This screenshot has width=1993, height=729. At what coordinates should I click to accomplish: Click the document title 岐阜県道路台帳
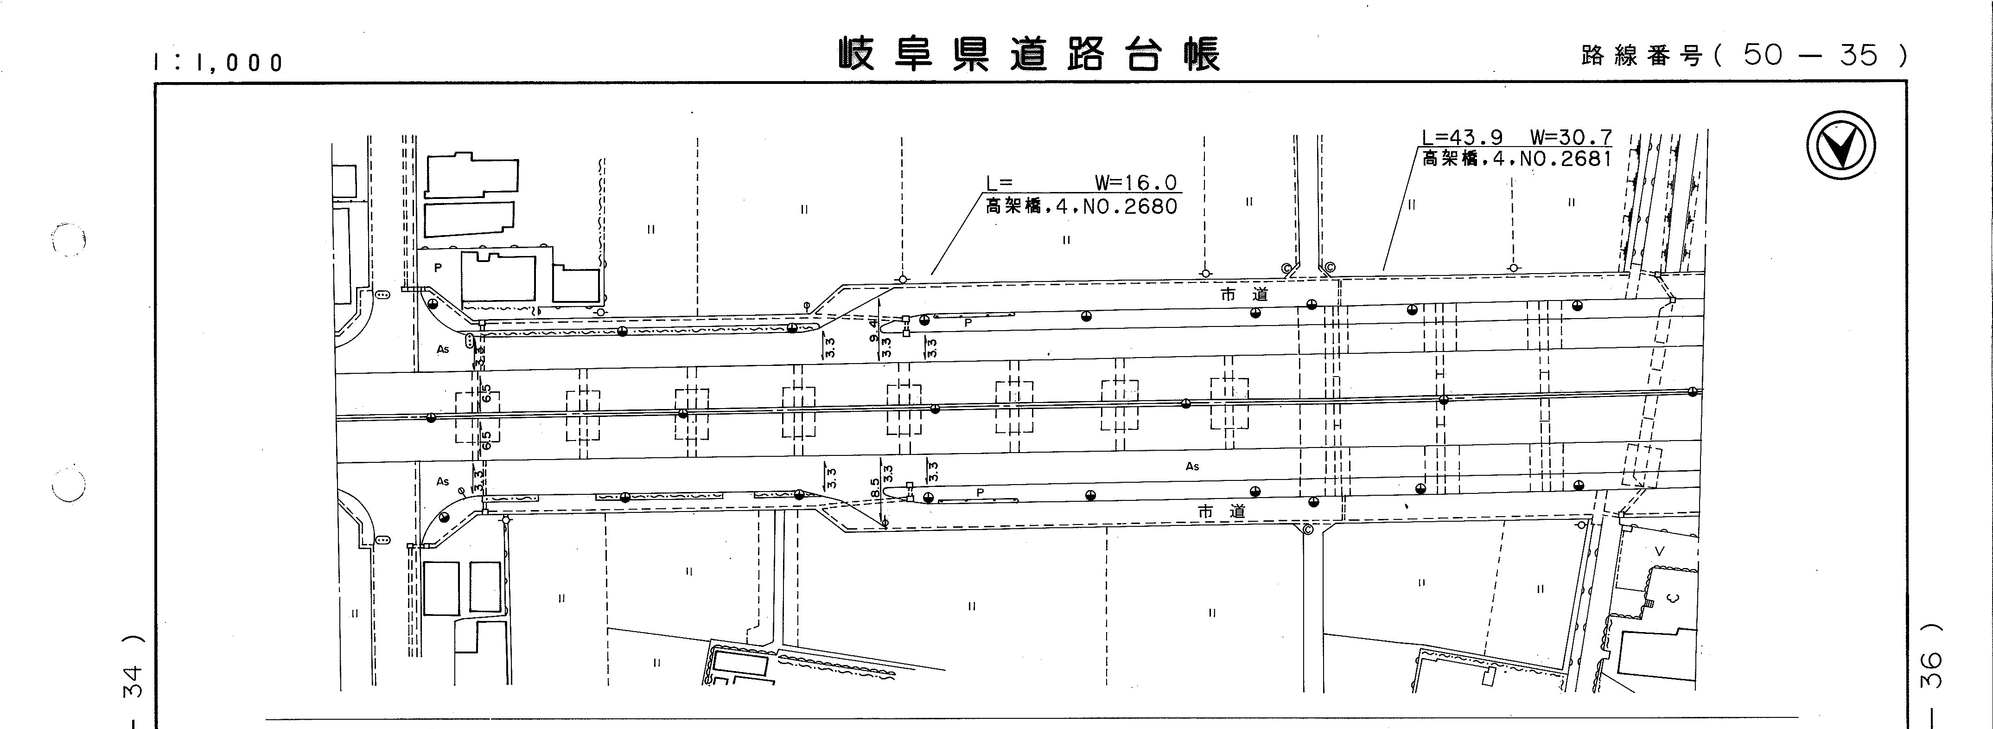point(1029,55)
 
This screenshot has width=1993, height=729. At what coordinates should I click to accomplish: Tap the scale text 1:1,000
point(219,63)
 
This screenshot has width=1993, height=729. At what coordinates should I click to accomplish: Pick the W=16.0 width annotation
point(1135,184)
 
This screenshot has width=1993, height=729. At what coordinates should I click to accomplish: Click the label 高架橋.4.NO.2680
point(1081,207)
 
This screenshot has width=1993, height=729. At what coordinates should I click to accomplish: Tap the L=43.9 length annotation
point(1462,138)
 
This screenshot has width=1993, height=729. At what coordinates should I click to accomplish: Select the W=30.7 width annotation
point(1571,138)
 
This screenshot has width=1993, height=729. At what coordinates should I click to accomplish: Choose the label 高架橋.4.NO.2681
point(1516,160)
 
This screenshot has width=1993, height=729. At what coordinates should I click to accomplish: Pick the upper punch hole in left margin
point(68,240)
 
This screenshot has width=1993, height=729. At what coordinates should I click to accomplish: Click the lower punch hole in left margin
point(68,485)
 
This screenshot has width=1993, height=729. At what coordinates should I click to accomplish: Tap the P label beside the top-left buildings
point(438,268)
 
